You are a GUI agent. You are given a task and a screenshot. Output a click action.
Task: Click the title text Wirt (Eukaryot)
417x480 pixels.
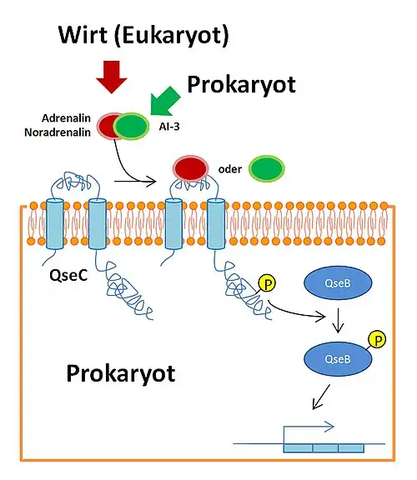(x=143, y=35)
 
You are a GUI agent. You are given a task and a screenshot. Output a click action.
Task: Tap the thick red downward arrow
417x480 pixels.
(x=110, y=77)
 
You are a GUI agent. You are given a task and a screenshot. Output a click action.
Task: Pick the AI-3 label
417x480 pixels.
(x=170, y=129)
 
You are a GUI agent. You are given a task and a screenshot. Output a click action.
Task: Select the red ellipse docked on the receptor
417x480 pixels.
(x=191, y=167)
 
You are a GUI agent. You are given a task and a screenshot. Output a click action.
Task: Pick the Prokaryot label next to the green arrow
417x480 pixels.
(x=241, y=84)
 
